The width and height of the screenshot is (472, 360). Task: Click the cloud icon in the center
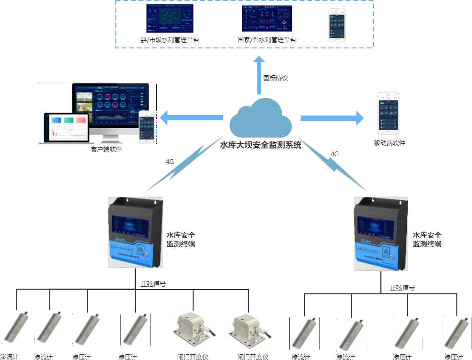(x=261, y=117)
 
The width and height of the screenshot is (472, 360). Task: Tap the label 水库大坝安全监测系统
(x=260, y=145)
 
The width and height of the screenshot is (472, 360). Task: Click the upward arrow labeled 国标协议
(x=259, y=74)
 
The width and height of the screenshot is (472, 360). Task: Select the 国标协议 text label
(x=276, y=78)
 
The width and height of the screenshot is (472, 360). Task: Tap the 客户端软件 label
(x=106, y=150)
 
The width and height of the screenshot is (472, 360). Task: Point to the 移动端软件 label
(x=389, y=143)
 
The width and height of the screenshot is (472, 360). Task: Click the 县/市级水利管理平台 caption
(x=170, y=40)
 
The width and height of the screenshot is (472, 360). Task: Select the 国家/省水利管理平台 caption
(x=267, y=40)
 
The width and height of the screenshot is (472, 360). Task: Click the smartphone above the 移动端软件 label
(x=389, y=112)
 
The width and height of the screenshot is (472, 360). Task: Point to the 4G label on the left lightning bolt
(x=170, y=162)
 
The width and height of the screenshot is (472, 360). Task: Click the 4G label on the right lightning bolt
(x=334, y=154)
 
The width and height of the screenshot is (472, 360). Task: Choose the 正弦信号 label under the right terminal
(x=402, y=288)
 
